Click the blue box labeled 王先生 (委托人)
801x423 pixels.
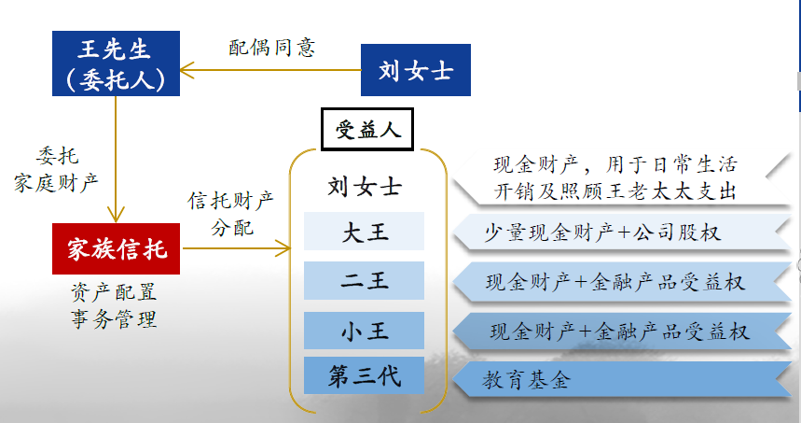point(116,63)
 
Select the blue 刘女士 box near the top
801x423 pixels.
point(415,70)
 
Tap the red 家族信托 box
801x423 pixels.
point(116,248)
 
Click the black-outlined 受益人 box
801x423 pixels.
point(366,130)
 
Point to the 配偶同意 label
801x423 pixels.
point(271,48)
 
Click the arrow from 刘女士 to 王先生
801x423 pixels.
point(270,70)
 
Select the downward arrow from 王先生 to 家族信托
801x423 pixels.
point(116,159)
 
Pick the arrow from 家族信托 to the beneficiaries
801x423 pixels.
point(236,248)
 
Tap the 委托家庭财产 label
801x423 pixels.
point(56,169)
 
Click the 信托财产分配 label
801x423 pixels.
point(231,214)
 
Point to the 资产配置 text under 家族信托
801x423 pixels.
point(114,292)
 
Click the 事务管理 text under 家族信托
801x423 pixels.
point(114,319)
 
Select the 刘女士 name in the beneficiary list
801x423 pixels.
point(365,186)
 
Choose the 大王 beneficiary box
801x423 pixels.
point(364,232)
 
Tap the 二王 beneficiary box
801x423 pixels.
point(364,280)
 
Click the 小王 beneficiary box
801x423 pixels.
point(364,331)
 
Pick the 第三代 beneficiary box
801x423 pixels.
point(364,375)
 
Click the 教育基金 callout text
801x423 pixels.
point(526,380)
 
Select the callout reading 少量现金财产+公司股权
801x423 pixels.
point(621,233)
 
